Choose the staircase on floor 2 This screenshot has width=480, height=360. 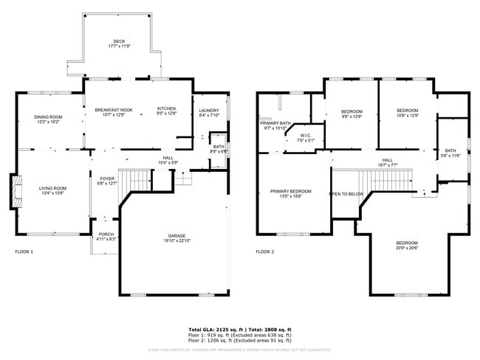373,181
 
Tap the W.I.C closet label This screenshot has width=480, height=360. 305,137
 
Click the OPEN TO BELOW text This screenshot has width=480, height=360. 346,194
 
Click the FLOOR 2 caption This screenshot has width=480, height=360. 264,252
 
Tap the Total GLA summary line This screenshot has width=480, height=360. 240,329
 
